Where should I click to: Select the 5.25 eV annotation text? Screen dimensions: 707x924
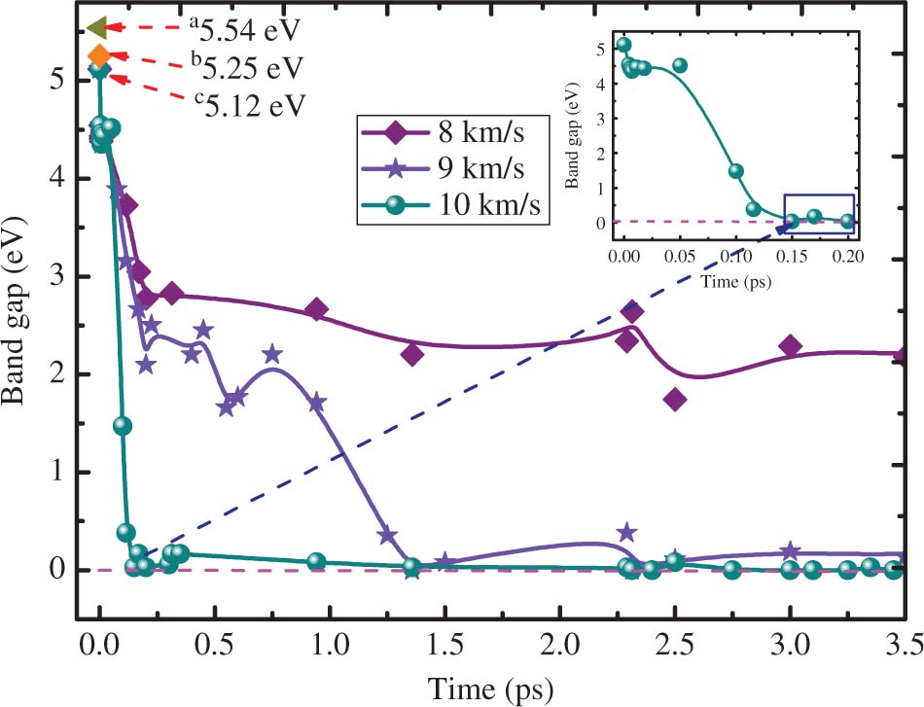click(246, 67)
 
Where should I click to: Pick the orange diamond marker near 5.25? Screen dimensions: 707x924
click(99, 56)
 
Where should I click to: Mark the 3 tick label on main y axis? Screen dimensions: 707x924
click(60, 276)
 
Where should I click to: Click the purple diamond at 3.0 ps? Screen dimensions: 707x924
click(790, 345)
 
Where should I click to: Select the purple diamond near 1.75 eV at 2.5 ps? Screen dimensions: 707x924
click(675, 399)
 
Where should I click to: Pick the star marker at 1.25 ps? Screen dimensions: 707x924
click(386, 535)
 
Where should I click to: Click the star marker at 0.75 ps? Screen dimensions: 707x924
click(272, 354)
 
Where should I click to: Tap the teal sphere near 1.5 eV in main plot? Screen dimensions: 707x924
click(122, 425)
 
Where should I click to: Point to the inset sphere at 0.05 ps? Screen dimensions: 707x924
click(680, 65)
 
